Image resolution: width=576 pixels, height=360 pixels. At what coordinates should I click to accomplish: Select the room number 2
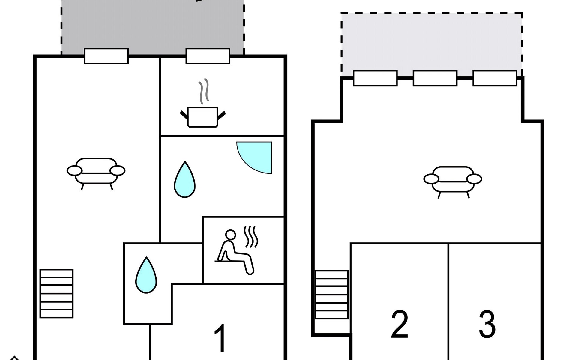pyautogui.click(x=400, y=324)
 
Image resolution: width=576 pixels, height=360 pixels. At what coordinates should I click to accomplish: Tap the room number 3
pyautogui.click(x=487, y=324)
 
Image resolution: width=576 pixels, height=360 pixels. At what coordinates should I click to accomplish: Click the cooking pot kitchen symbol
pyautogui.click(x=203, y=117)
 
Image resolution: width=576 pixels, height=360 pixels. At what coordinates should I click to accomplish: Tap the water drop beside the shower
pyautogui.click(x=185, y=180)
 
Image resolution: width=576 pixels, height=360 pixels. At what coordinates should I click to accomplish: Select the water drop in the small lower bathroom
pyautogui.click(x=146, y=275)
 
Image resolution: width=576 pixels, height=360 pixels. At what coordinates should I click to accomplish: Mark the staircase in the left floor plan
pyautogui.click(x=57, y=293)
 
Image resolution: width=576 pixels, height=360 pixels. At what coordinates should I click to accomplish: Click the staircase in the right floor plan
pyautogui.click(x=332, y=295)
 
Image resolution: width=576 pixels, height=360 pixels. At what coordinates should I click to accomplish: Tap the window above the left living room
pyautogui.click(x=106, y=56)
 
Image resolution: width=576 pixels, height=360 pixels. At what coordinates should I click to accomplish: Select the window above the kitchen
pyautogui.click(x=208, y=56)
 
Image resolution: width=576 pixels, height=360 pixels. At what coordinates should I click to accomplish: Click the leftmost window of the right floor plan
pyautogui.click(x=375, y=78)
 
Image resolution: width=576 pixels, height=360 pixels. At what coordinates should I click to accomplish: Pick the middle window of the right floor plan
pyautogui.click(x=435, y=78)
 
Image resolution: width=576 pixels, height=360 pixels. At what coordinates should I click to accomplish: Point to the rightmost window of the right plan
pyautogui.click(x=495, y=78)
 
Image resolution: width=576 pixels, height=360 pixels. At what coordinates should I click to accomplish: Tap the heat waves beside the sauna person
pyautogui.click(x=251, y=237)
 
